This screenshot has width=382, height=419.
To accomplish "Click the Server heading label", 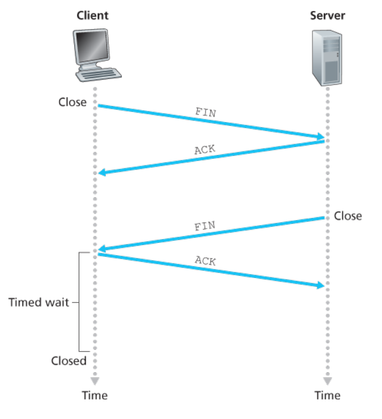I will click(327, 15).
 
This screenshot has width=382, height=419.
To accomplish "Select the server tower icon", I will click(327, 57).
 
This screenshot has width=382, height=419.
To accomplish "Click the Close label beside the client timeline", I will click(72, 103).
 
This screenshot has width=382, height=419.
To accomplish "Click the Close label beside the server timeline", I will click(348, 216).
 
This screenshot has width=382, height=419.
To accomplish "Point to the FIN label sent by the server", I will click(204, 227).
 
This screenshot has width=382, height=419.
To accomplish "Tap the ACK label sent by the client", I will click(205, 260).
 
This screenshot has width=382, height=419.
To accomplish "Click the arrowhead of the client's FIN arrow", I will click(321, 137).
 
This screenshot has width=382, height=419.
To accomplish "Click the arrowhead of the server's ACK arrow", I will click(101, 173).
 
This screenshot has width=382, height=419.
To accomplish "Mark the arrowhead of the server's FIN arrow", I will click(101, 249).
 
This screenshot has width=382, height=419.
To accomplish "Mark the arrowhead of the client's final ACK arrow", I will click(321, 286).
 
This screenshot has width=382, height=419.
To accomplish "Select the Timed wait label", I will click(39, 303).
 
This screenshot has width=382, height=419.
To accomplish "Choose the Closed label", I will click(69, 360).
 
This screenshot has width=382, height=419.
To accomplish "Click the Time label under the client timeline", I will click(95, 396).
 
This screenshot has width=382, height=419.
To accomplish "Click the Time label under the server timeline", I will click(327, 396).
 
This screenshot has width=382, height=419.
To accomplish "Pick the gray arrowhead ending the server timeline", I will click(327, 382).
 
